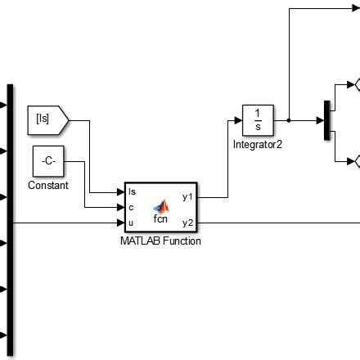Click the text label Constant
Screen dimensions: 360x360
pyautogui.click(x=47, y=186)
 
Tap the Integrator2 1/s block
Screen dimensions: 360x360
pyautogui.click(x=258, y=120)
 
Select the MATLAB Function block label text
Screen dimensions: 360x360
pyautogui.click(x=160, y=241)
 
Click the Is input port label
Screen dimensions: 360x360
pyautogui.click(x=133, y=191)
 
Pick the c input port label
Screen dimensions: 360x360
pyautogui.click(x=131, y=206)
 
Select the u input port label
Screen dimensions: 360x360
pyautogui.click(x=131, y=222)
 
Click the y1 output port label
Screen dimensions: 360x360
pyautogui.click(x=187, y=197)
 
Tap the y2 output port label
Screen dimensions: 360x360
pyautogui.click(x=187, y=222)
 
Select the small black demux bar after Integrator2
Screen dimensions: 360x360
pyautogui.click(x=326, y=120)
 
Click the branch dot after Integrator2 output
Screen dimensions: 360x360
pyautogui.click(x=289, y=120)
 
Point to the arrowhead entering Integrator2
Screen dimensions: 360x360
pyautogui.click(x=239, y=120)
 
